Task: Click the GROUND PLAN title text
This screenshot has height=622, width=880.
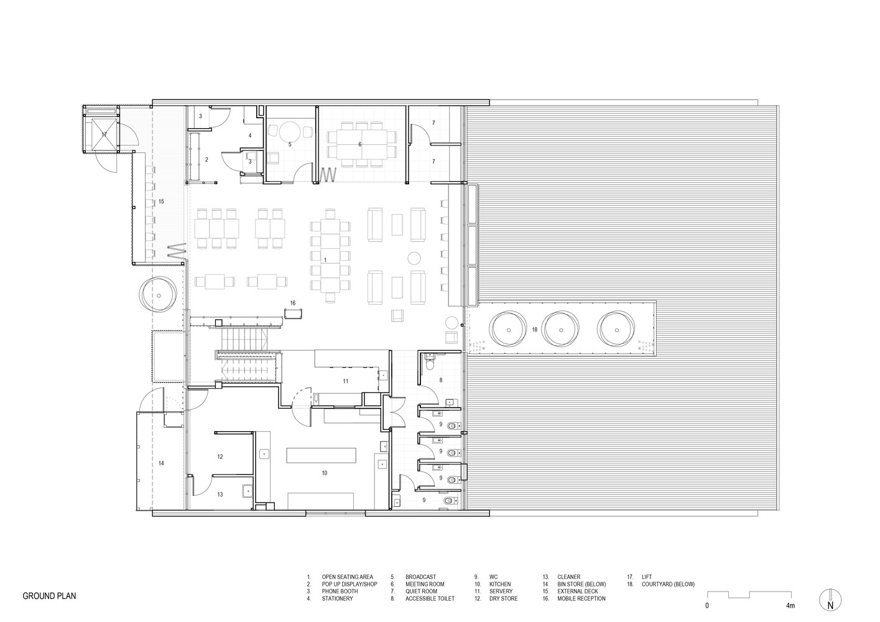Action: pyautogui.click(x=49, y=596)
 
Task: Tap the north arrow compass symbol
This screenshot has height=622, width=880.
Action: pyautogui.click(x=830, y=601)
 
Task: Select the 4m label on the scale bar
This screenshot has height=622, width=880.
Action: pyautogui.click(x=790, y=605)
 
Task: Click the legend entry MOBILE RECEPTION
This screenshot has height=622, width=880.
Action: pyautogui.click(x=581, y=598)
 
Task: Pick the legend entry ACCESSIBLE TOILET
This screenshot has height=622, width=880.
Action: pyautogui.click(x=430, y=598)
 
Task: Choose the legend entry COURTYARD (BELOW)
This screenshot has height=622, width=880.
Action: pyautogui.click(x=668, y=584)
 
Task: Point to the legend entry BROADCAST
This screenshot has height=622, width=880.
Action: pyautogui.click(x=421, y=577)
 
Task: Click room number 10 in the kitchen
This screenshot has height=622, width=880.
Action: pyautogui.click(x=325, y=473)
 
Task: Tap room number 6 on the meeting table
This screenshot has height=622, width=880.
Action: pyautogui.click(x=359, y=144)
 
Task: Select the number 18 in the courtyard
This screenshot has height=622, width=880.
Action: pyautogui.click(x=534, y=330)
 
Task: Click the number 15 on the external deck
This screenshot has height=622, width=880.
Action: pyautogui.click(x=161, y=202)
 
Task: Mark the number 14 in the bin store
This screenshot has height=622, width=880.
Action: pyautogui.click(x=161, y=463)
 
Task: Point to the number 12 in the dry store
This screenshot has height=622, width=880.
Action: pyautogui.click(x=220, y=457)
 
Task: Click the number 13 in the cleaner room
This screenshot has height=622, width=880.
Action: pyautogui.click(x=220, y=494)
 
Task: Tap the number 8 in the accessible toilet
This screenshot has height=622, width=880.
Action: pyautogui.click(x=441, y=380)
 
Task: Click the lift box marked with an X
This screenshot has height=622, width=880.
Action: pyautogui.click(x=104, y=134)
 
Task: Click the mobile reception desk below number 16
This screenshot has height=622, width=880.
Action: pyautogui.click(x=293, y=313)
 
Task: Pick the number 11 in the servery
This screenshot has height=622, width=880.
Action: pyautogui.click(x=346, y=381)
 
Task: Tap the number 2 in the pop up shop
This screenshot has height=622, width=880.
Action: pyautogui.click(x=206, y=159)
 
